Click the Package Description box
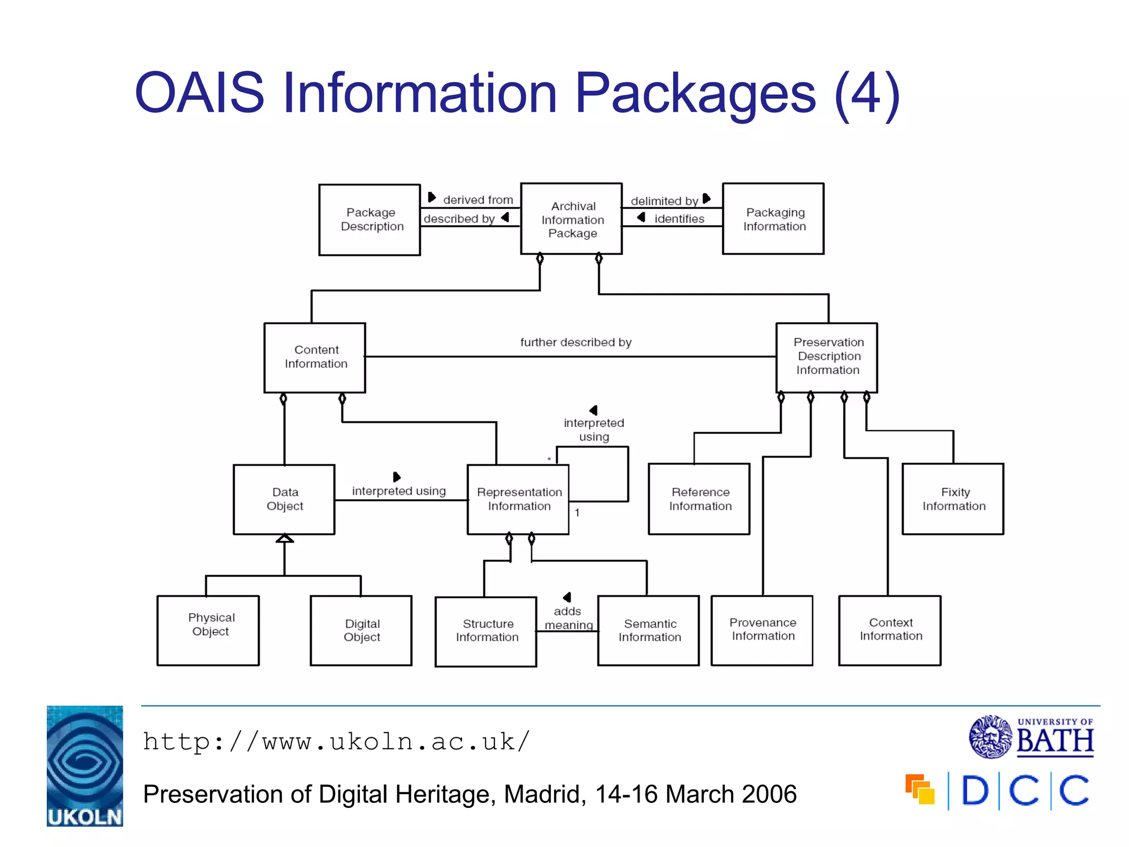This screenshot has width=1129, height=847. (x=369, y=219)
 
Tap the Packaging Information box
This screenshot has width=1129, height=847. (x=773, y=219)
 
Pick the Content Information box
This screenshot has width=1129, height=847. (x=315, y=357)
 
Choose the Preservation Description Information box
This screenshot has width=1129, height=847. (x=826, y=357)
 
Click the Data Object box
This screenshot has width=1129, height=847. (x=284, y=499)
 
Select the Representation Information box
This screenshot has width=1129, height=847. (x=518, y=499)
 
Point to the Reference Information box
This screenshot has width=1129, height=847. (x=699, y=499)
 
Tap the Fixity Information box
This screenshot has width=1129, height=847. (x=953, y=499)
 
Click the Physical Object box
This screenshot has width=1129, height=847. (x=208, y=630)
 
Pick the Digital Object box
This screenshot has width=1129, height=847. (x=361, y=630)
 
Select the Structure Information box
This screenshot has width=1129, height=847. (x=486, y=631)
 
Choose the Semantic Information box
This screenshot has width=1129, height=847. (x=648, y=630)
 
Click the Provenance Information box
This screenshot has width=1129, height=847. (x=762, y=630)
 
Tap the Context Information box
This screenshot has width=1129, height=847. (x=889, y=630)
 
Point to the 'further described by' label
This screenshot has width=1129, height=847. (x=576, y=342)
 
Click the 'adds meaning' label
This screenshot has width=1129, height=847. (x=568, y=618)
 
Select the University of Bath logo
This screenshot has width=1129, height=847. (x=1031, y=737)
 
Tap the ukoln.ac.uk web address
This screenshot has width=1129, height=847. (x=336, y=742)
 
